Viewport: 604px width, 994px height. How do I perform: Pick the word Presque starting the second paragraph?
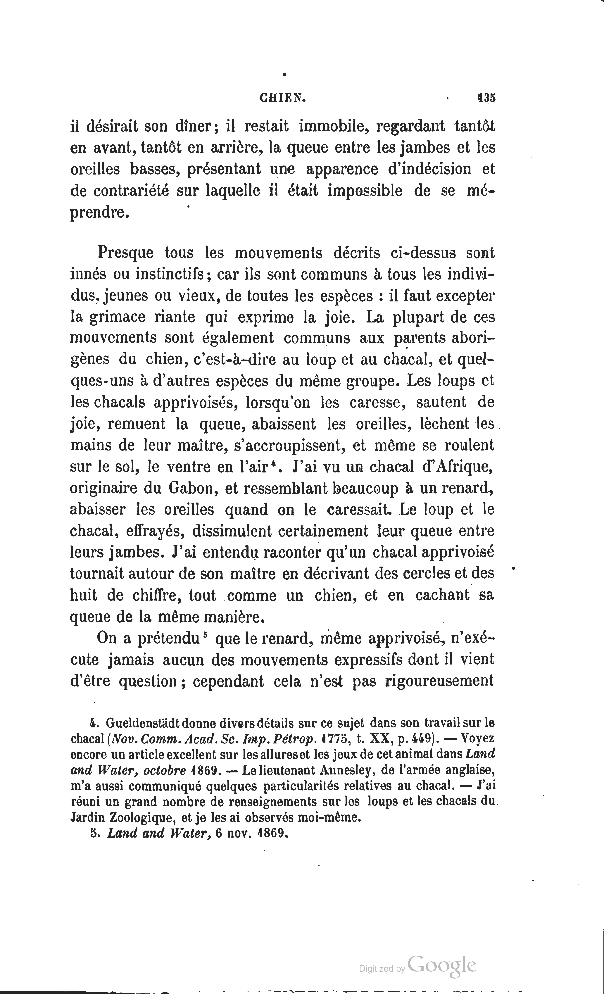coord(125,253)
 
